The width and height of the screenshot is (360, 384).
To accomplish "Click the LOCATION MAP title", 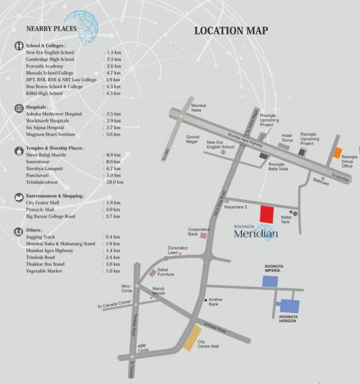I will click(x=231, y=31).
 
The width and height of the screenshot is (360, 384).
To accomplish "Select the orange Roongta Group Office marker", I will click(x=337, y=152).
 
